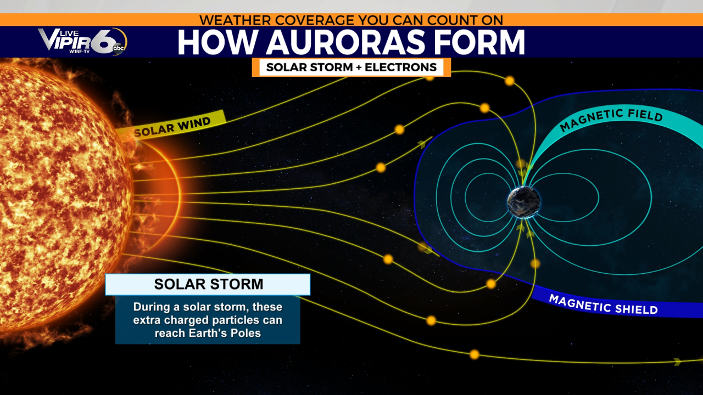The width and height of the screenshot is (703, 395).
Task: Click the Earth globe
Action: (x=523, y=202)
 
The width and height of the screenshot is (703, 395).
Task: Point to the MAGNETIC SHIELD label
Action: (x=603, y=304)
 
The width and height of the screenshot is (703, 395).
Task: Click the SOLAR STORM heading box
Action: (x=208, y=284)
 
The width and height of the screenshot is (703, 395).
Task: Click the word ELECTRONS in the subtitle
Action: (x=400, y=67)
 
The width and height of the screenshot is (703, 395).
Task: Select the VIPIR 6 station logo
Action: (x=82, y=41)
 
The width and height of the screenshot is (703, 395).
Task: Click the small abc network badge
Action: (x=119, y=48)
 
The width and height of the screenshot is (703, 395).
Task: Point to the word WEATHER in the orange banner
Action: (x=235, y=20)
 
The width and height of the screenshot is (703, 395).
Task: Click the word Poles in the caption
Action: (x=246, y=333)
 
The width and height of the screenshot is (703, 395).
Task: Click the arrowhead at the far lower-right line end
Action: (x=677, y=362)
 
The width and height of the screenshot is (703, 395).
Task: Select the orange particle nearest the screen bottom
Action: (x=474, y=354)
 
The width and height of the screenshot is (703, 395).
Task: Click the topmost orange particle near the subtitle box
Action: (x=429, y=78)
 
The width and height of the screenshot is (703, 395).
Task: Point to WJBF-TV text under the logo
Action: (x=80, y=52)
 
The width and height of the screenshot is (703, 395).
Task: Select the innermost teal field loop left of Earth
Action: (x=465, y=198)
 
